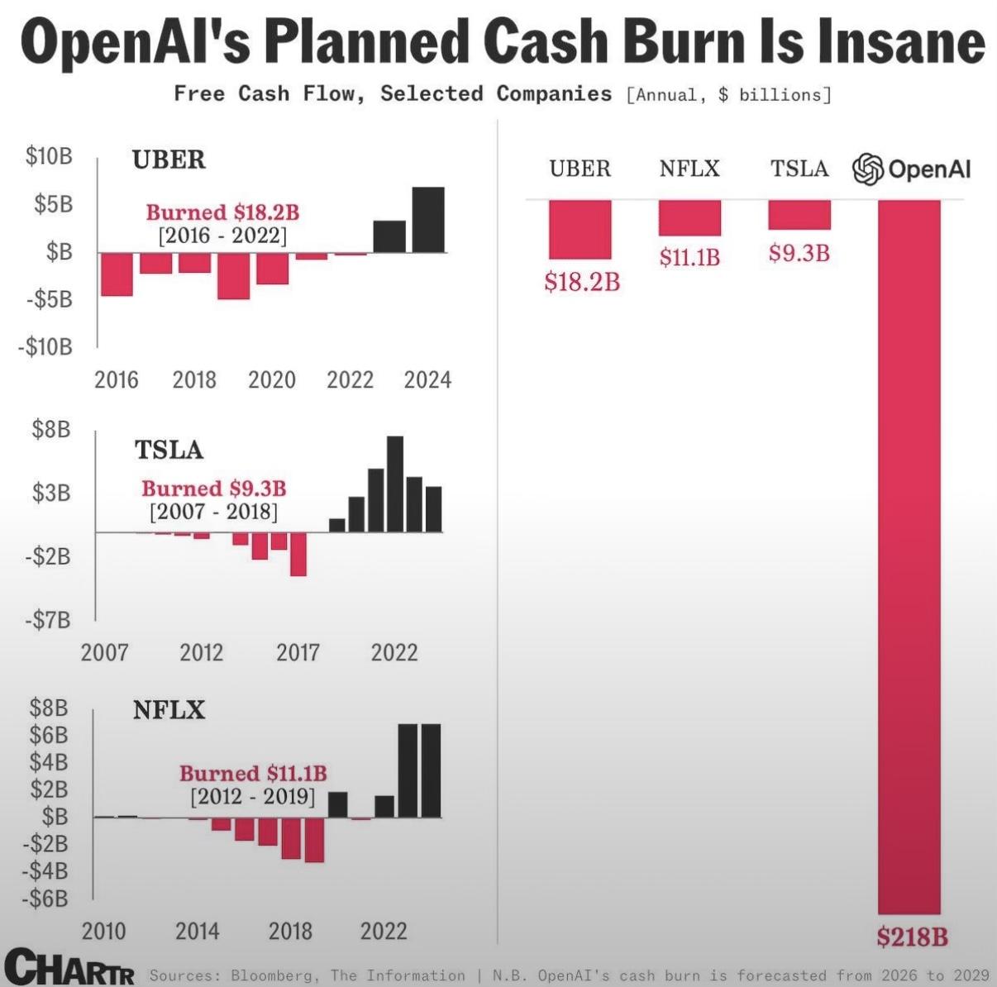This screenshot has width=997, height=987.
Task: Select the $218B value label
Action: [912, 937]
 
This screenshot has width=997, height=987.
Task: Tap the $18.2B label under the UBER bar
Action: [582, 282]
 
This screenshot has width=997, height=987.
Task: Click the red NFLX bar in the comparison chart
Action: [689, 218]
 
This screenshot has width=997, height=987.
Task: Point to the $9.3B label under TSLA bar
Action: [799, 252]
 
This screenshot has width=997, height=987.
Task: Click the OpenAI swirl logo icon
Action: [868, 169]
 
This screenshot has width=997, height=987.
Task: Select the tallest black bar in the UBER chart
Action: [428, 220]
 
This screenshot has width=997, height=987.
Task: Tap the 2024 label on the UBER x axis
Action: [427, 379]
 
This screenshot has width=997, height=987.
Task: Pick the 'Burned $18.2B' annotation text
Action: [222, 212]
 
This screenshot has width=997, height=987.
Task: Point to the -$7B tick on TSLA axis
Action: [50, 620]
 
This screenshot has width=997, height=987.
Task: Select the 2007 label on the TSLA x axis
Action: [104, 652]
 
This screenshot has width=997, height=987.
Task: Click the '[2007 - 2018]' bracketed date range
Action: [213, 512]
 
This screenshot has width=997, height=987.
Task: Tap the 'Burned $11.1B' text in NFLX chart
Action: [253, 774]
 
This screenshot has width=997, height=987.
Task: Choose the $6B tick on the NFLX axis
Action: [49, 735]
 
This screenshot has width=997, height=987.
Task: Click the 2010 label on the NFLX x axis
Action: [103, 931]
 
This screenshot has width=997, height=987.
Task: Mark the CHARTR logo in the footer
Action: [70, 967]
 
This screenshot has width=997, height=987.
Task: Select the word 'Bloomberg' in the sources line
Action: [274, 975]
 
